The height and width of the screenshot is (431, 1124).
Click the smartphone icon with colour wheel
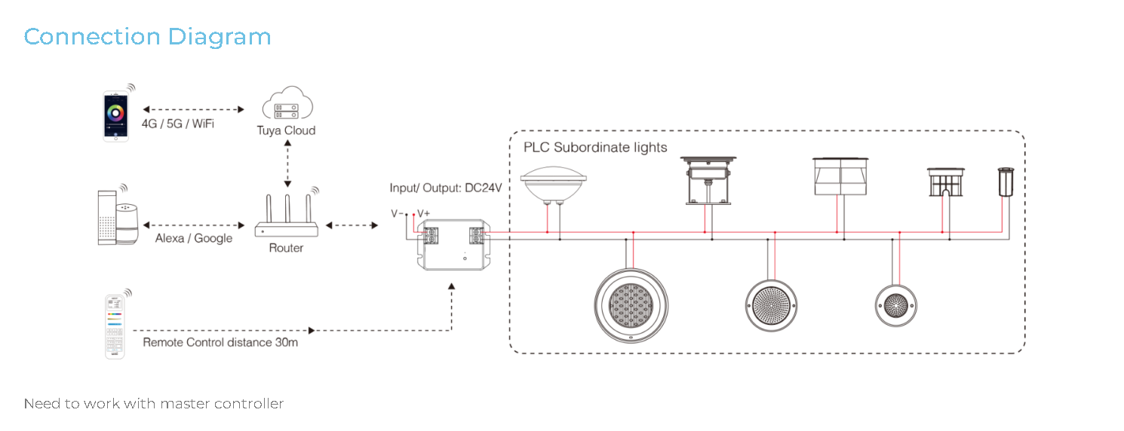click(x=116, y=116)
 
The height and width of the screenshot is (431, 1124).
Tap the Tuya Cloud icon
click(x=287, y=102)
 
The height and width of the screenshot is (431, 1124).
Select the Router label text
click(x=286, y=248)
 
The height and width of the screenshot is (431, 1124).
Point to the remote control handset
click(x=115, y=327)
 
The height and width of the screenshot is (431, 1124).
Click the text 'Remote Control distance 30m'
click(x=220, y=342)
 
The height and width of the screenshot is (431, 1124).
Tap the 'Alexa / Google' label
click(x=194, y=239)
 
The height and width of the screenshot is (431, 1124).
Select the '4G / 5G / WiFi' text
click(x=177, y=124)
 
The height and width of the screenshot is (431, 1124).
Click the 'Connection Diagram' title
click(x=148, y=37)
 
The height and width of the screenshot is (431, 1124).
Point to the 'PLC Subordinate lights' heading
click(x=595, y=148)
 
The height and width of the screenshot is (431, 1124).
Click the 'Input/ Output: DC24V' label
click(x=446, y=188)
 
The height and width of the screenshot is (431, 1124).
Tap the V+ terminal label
click(x=423, y=213)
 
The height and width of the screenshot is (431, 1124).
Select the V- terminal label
click(x=397, y=213)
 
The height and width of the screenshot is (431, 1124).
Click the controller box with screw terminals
click(x=453, y=245)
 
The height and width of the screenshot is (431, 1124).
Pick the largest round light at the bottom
click(x=631, y=306)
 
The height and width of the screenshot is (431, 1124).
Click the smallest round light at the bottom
click(x=896, y=306)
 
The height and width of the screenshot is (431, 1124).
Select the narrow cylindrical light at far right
click(x=1006, y=182)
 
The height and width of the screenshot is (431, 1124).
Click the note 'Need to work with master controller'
click(x=154, y=403)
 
